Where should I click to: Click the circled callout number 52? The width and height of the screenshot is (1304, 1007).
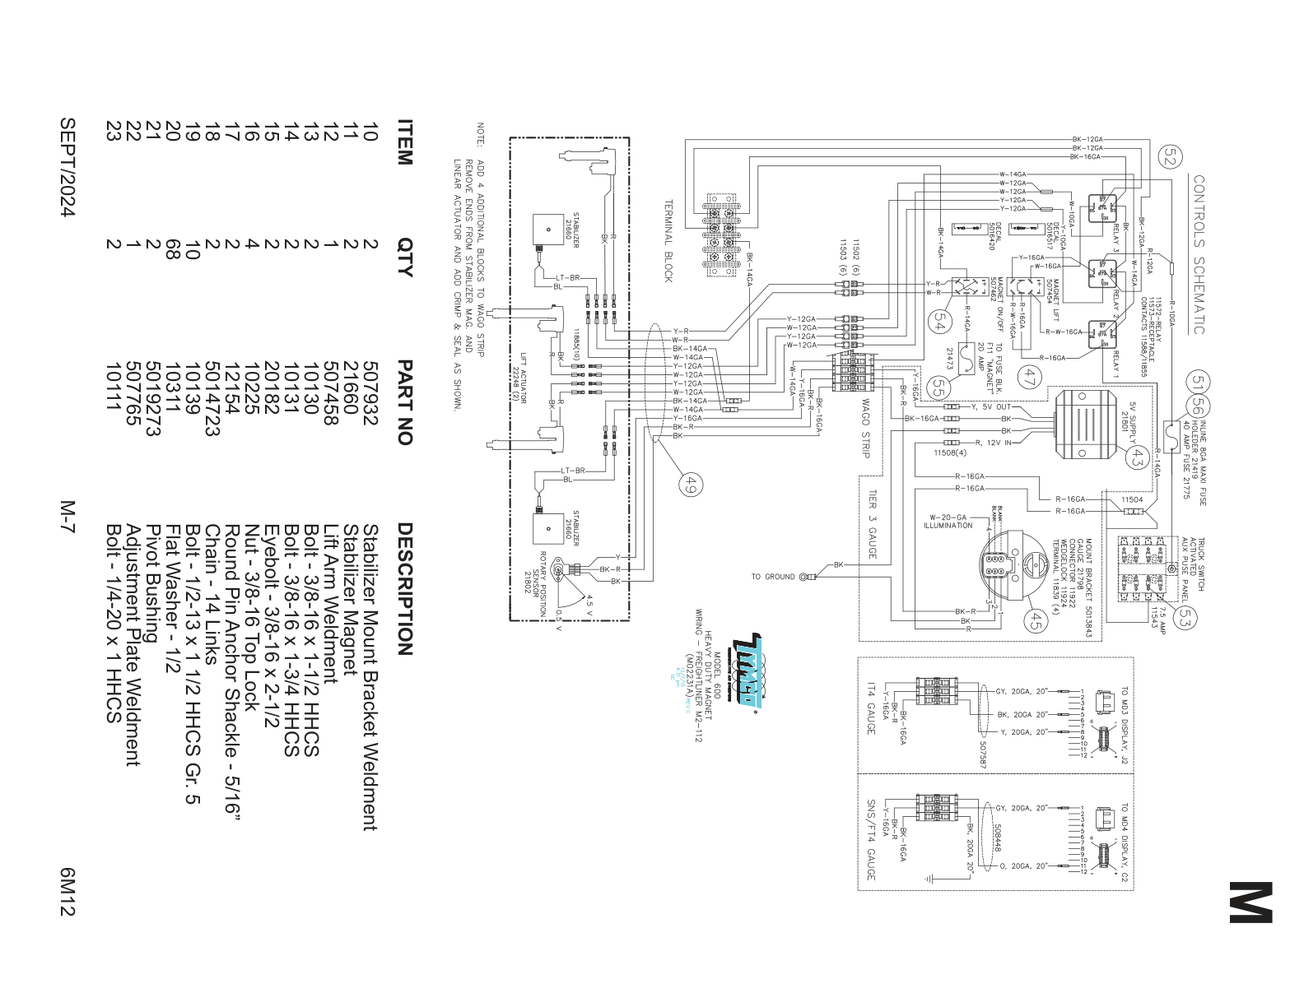[x=1170, y=156]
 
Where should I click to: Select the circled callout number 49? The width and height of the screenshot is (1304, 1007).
[x=690, y=485]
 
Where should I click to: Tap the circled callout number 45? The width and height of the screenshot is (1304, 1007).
[x=1035, y=620]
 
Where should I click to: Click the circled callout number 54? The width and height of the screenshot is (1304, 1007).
[x=938, y=323]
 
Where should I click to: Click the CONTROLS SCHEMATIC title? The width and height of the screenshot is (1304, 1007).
[x=1199, y=254]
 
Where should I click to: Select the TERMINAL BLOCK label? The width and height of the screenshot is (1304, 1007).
[x=668, y=240]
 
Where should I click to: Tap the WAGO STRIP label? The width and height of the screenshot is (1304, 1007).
[x=865, y=428]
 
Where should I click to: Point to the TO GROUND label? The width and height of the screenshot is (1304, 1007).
[x=772, y=577]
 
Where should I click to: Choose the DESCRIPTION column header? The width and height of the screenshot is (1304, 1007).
[x=404, y=588]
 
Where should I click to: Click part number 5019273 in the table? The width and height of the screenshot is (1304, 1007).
[x=153, y=398]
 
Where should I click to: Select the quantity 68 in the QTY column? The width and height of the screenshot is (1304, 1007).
[x=172, y=248]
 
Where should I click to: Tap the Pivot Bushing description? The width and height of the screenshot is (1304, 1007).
[x=153, y=584]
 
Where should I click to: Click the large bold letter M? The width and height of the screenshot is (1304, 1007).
[x=1250, y=903]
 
